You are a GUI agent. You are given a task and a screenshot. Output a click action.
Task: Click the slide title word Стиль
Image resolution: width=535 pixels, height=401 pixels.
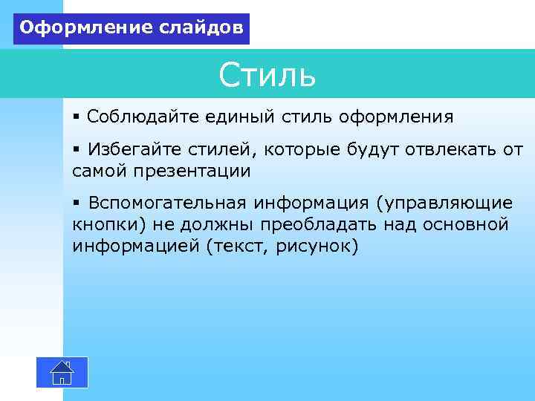(x=267, y=75)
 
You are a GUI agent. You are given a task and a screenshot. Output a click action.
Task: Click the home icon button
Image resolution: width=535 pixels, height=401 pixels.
(x=62, y=372)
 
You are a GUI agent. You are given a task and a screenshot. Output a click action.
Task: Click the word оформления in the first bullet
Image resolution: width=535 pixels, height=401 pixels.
(x=396, y=117)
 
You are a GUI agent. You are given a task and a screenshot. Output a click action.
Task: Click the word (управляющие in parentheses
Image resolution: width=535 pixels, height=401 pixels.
(x=444, y=203)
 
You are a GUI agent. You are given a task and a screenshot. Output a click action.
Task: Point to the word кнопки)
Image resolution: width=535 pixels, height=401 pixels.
(x=107, y=224)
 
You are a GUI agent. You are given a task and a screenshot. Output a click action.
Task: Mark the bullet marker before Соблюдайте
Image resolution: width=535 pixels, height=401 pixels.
(x=77, y=117)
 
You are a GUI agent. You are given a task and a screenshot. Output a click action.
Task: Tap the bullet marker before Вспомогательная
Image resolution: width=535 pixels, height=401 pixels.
(x=77, y=203)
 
